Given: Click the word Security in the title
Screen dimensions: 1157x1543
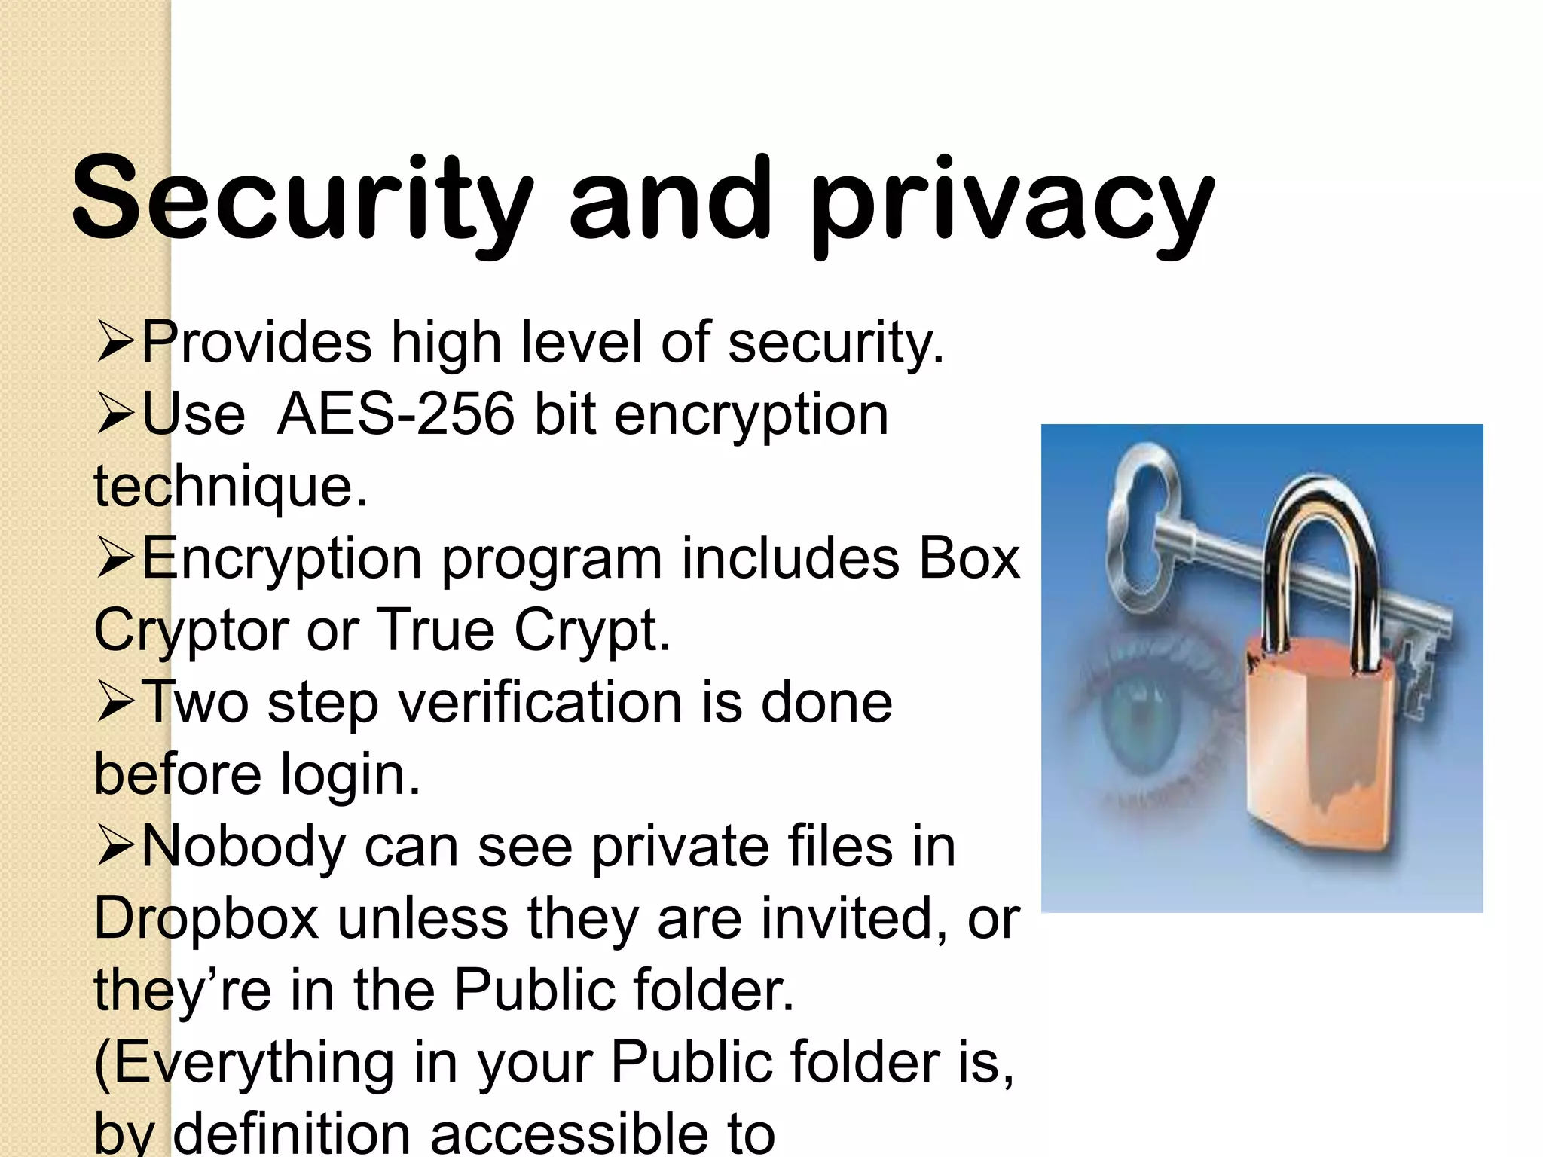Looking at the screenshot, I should point(301,197).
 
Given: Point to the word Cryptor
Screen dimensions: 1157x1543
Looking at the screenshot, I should point(188,630).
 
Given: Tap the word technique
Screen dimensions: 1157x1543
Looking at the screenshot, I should point(230,486).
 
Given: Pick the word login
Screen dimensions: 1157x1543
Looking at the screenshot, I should point(350,774).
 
